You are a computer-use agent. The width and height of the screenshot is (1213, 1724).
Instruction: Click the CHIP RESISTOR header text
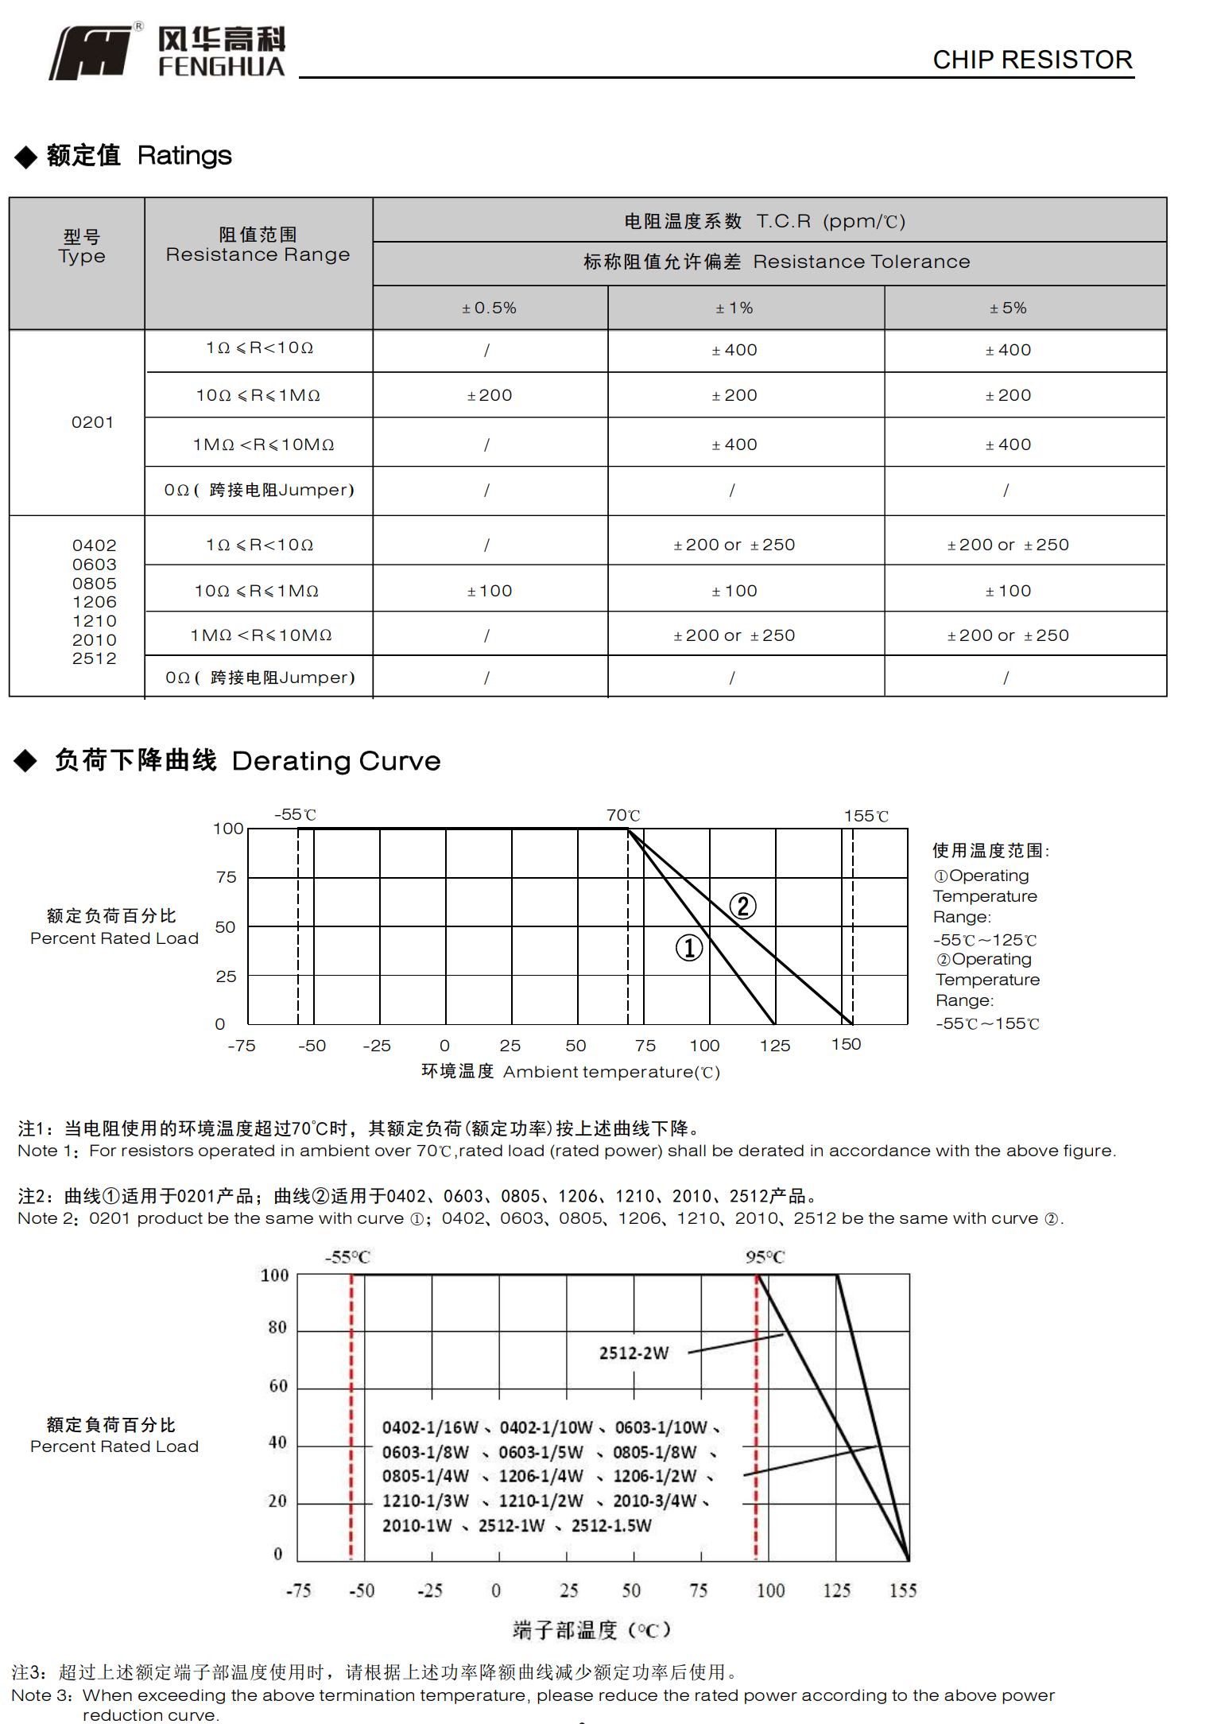coord(1032,60)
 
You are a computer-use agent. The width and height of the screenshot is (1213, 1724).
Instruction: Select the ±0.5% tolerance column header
coord(490,308)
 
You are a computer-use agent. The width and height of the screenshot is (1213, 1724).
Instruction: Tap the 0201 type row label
coord(92,422)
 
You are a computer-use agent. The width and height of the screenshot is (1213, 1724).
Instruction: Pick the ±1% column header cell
coord(734,308)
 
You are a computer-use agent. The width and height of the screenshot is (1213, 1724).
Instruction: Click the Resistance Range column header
coord(258,245)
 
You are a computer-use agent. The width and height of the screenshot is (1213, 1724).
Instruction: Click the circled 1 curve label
coord(689,947)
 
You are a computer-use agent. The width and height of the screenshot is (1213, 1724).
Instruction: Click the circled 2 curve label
coord(742,906)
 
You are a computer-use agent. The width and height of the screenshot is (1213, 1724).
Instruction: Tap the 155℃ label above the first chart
coord(866,816)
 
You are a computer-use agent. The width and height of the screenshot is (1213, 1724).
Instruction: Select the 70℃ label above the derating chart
coord(622,815)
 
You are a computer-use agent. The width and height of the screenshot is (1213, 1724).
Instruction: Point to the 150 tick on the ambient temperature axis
coord(846,1044)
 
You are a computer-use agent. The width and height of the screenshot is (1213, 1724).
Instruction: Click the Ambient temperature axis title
coord(571,1072)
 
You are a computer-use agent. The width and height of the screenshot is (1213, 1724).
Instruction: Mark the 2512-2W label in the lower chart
coord(634,1353)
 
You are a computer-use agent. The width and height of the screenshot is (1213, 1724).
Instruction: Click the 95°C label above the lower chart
coord(765,1257)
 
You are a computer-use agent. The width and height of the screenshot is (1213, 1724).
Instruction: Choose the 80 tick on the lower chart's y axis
coord(277,1327)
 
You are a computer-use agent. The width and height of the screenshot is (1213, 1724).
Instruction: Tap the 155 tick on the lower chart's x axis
coord(902,1590)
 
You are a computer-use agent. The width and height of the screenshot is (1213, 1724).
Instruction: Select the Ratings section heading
coord(139,155)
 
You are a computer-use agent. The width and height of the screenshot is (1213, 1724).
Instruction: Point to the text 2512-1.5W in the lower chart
coord(610,1525)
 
